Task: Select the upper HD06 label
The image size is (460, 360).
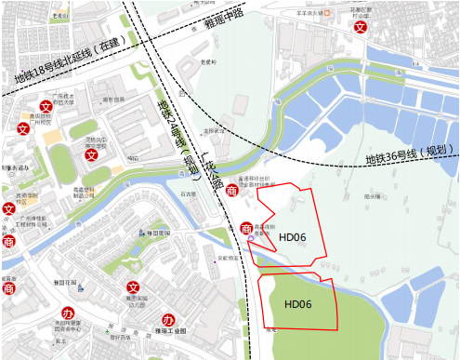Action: (292, 237)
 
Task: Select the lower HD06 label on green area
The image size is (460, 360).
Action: (297, 303)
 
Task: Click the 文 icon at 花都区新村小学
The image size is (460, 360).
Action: (359, 28)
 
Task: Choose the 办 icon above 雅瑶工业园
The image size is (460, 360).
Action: (170, 313)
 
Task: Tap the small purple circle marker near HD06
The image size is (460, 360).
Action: (251, 243)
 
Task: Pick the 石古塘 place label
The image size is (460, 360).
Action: (189, 195)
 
